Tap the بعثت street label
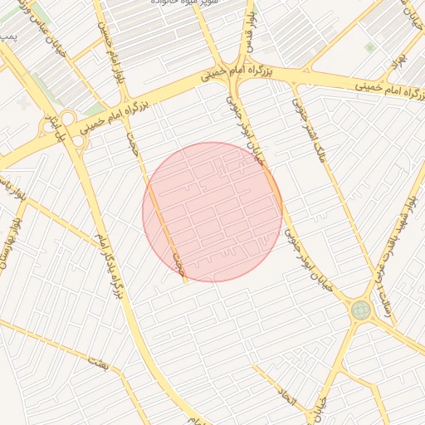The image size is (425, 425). coord(98,362)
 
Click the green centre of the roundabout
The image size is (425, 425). coord(361,310)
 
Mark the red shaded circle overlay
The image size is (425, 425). coord(212,212)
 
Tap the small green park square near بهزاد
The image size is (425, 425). coord(369,48)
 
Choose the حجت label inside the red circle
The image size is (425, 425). coord(177,265)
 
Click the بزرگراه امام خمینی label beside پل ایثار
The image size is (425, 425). coord(105,116)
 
